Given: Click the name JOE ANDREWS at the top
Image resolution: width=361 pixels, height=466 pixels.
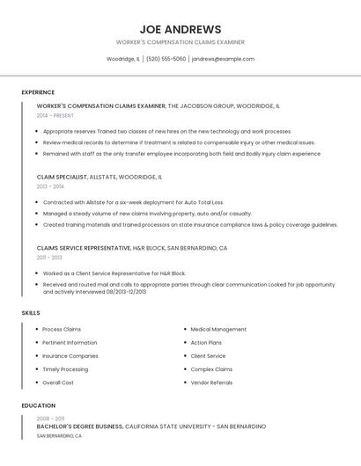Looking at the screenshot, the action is pyautogui.click(x=180, y=29).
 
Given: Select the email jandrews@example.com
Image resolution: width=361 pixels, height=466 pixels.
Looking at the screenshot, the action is pyautogui.click(x=223, y=59).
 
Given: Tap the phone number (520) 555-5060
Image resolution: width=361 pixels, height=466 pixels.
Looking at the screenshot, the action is pyautogui.click(x=166, y=59).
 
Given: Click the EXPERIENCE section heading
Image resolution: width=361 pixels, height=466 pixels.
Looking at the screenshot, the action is pyautogui.click(x=38, y=92).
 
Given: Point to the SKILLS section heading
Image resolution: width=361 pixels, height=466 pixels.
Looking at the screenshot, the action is pyautogui.click(x=31, y=313).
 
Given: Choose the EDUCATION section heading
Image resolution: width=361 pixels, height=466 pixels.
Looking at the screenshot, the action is pyautogui.click(x=38, y=405).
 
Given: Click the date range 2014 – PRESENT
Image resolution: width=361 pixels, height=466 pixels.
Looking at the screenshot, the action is pyautogui.click(x=56, y=115).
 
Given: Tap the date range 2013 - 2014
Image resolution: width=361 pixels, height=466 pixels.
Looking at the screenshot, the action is pyautogui.click(x=50, y=186).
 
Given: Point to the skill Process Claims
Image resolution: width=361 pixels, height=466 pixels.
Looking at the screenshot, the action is pyautogui.click(x=62, y=329).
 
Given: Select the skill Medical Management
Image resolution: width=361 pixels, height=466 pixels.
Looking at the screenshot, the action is pyautogui.click(x=218, y=329).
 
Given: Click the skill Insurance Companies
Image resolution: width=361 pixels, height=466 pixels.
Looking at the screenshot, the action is pyautogui.click(x=70, y=356).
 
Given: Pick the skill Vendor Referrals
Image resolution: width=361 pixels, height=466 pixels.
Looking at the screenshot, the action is pyautogui.click(x=211, y=382).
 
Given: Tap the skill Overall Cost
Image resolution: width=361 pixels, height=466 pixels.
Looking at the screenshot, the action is pyautogui.click(x=58, y=382).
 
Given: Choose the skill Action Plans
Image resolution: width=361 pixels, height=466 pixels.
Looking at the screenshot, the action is pyautogui.click(x=206, y=342).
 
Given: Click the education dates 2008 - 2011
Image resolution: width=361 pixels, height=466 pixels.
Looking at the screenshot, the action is pyautogui.click(x=50, y=419).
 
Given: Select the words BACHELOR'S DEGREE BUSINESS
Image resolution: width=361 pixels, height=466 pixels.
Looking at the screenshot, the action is pyautogui.click(x=80, y=426).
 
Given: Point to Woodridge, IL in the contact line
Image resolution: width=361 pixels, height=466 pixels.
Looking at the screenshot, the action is pyautogui.click(x=123, y=59).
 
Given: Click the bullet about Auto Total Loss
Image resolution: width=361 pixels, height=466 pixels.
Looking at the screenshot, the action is pyautogui.click(x=133, y=202).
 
